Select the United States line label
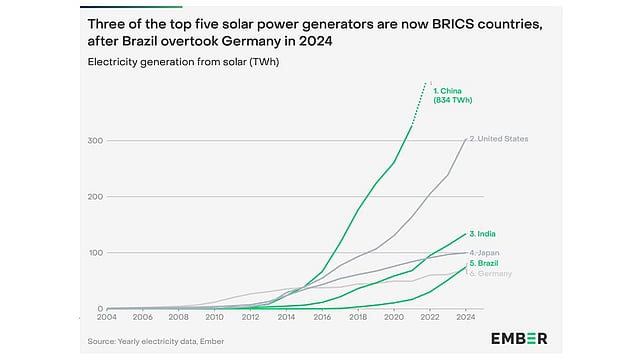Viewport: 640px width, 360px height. click(x=501, y=138)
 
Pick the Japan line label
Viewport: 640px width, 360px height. click(x=487, y=253)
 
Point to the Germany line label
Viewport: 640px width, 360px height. click(x=492, y=273)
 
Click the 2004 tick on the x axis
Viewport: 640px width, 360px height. click(x=106, y=317)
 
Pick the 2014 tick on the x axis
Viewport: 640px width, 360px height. click(x=286, y=317)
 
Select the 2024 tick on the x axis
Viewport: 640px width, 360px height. click(x=466, y=317)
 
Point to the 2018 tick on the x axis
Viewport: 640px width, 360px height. click(x=358, y=317)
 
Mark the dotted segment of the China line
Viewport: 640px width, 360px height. click(x=421, y=102)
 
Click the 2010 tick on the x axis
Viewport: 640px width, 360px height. click(x=214, y=317)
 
